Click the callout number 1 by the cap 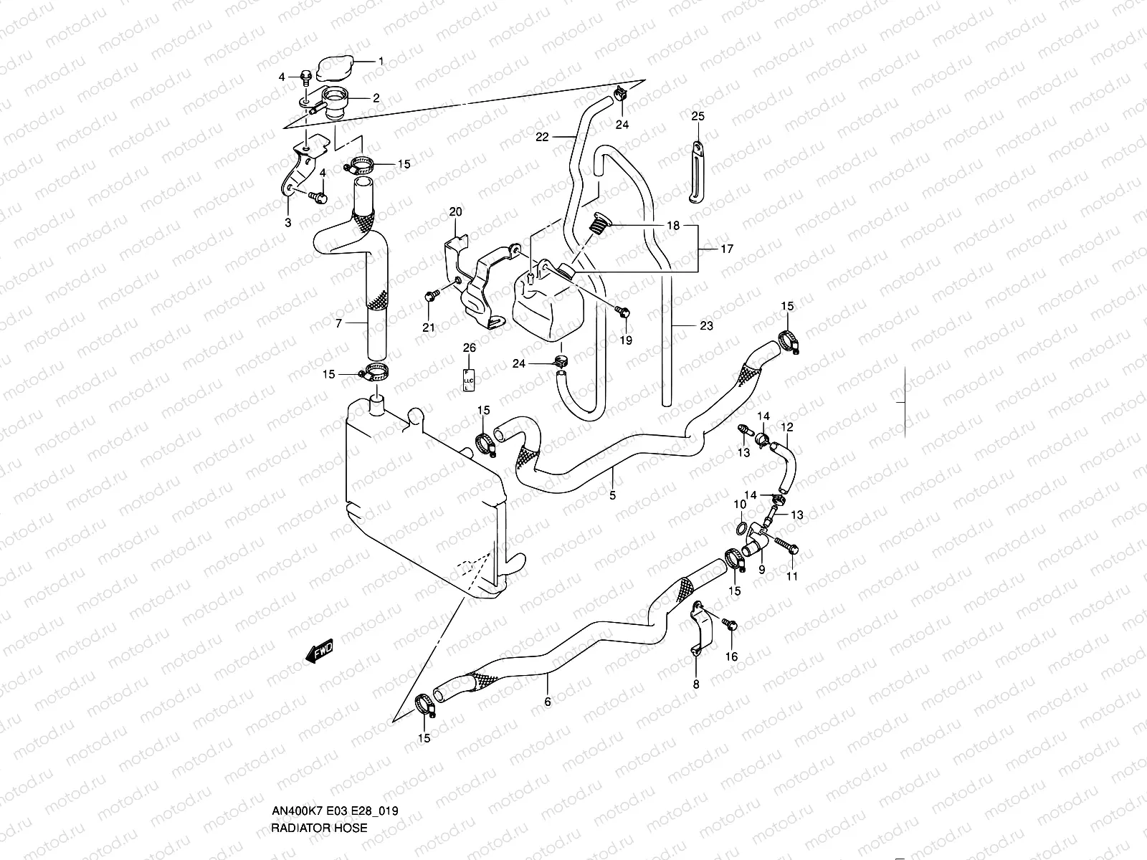381,61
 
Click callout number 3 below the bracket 287,223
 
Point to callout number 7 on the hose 339,324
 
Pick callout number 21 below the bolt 429,328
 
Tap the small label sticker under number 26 468,379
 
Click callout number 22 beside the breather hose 542,137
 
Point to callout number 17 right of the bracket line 726,249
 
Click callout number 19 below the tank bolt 626,340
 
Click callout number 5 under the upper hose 613,494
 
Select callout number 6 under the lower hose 548,702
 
